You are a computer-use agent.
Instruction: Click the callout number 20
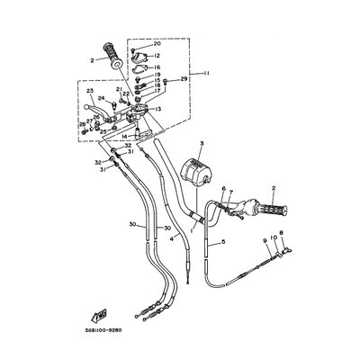coord(157,44)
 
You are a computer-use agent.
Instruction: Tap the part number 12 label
coord(157,56)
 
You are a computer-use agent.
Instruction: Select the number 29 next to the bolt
coord(184,81)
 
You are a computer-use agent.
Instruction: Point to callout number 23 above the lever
coord(90,92)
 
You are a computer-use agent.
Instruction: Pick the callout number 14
coord(123,136)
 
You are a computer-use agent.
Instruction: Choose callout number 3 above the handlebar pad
coord(202,144)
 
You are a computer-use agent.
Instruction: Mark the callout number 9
coord(265,240)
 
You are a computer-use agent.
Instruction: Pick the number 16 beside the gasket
coord(157,67)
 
